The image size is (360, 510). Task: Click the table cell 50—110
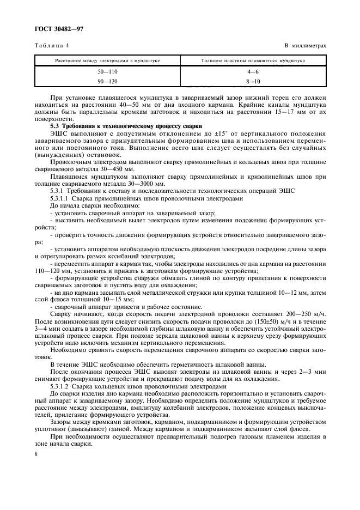[107, 71]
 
